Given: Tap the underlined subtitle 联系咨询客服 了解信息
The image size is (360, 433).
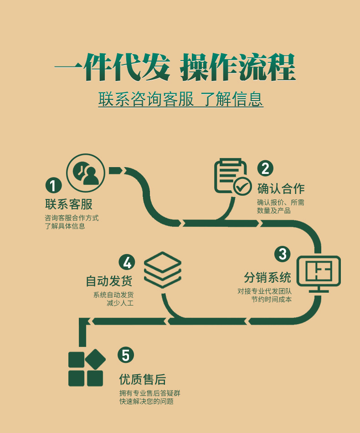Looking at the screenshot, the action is (180, 99).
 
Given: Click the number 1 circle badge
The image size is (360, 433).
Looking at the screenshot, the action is (53, 186).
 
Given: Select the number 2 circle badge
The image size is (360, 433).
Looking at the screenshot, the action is (265, 168).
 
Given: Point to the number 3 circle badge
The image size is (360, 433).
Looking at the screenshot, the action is (283, 254).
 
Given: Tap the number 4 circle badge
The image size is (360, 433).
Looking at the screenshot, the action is (127, 262).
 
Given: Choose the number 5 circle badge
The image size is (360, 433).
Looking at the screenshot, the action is (126, 355).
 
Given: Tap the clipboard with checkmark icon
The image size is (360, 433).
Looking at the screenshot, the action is (232, 178).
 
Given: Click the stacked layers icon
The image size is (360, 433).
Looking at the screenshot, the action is (163, 270).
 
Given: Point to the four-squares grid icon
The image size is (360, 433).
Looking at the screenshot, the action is (86, 368).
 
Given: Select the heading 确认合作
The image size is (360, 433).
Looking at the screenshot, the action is (281, 188).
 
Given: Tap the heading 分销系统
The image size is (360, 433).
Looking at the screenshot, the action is (267, 277).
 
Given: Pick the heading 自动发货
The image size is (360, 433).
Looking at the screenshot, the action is (109, 281).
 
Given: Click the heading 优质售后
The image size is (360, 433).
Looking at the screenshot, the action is (142, 379).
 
